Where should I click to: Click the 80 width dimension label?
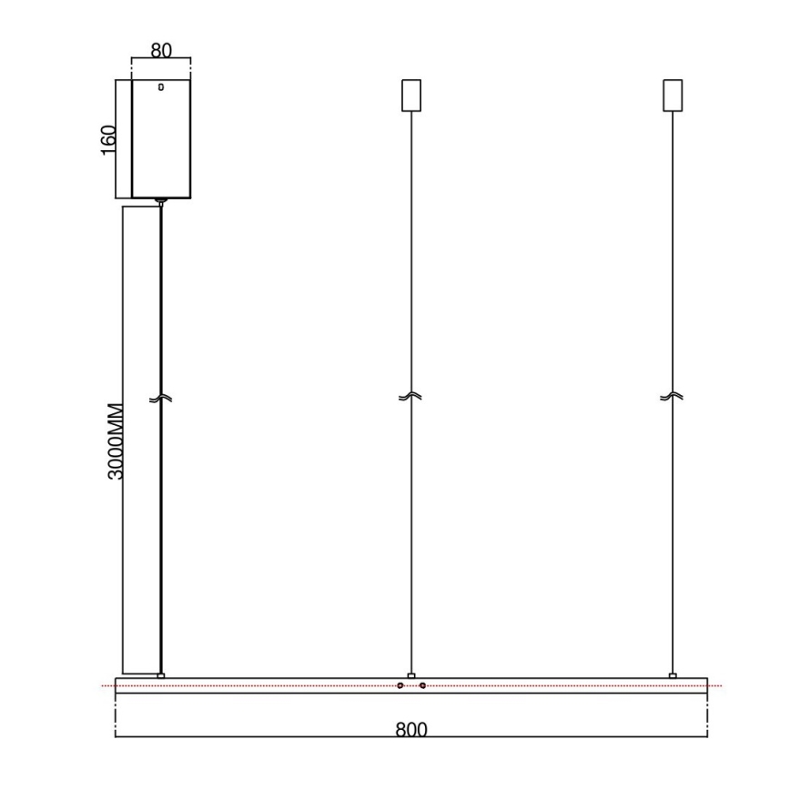(161, 50)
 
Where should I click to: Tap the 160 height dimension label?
(108, 139)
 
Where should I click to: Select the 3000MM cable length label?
(114, 441)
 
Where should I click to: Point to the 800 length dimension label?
(411, 730)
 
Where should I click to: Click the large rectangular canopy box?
(161, 138)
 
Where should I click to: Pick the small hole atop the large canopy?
(161, 88)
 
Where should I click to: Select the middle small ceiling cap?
(411, 95)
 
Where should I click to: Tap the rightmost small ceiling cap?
(673, 95)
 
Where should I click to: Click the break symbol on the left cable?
(161, 398)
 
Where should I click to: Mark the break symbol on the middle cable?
(411, 397)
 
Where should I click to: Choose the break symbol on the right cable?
(673, 397)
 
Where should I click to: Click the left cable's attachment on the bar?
(161, 674)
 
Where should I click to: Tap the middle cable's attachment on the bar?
(411, 674)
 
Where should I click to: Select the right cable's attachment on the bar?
(673, 674)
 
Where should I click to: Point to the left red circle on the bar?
(400, 685)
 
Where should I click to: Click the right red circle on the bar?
(423, 685)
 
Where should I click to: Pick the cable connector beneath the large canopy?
(161, 201)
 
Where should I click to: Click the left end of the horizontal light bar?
(117, 685)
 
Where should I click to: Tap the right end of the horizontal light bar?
(705, 685)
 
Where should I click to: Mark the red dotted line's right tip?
(721, 685)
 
